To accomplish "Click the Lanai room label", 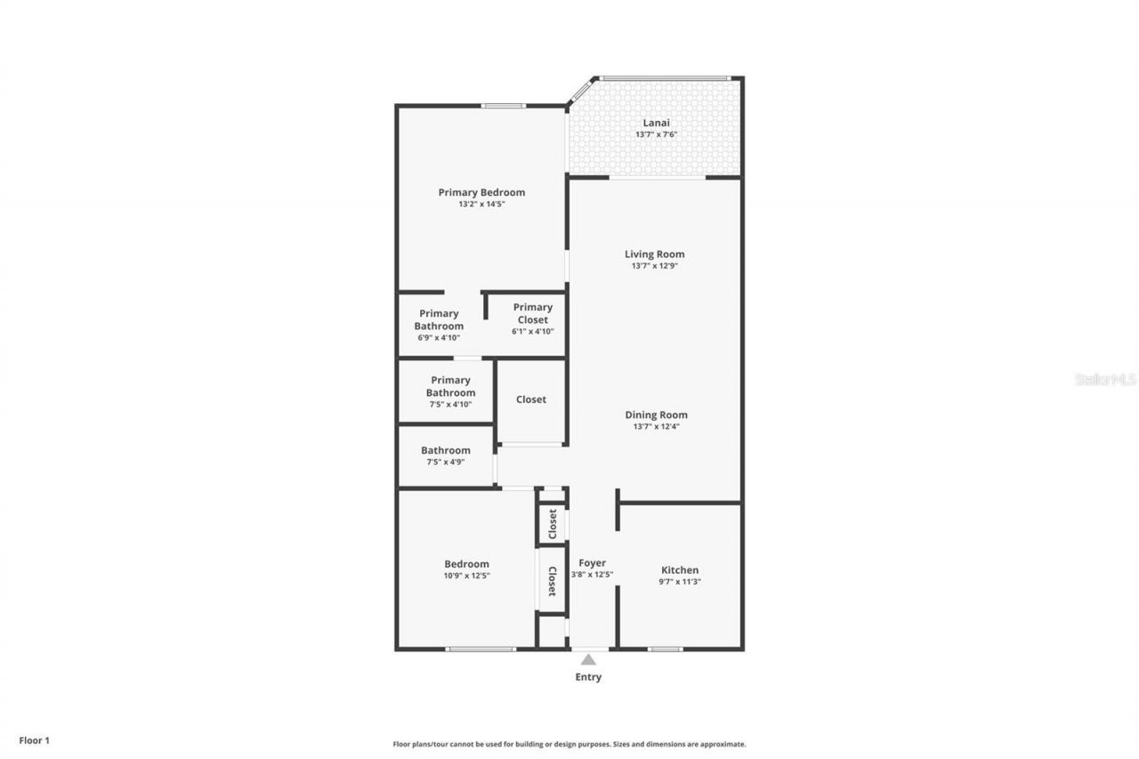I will point(656,123).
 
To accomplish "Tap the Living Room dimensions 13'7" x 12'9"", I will point(655,266).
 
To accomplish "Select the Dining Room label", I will point(656,415).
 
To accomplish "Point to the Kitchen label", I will point(680,570).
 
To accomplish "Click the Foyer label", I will point(592,563).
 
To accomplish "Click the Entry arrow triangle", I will point(588,659).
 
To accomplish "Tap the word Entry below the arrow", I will point(588,677).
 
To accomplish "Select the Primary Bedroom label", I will point(481,192).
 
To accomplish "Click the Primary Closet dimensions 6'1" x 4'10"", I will point(532,332).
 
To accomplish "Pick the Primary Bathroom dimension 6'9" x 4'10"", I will point(439,338).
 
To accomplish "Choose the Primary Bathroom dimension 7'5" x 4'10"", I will point(450,405).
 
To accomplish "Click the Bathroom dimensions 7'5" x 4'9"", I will point(446,462).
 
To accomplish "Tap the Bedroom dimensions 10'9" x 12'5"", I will point(467,576).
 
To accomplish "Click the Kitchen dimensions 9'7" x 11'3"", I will point(680,582).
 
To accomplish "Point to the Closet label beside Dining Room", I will point(531,400).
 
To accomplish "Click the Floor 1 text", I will point(35,740).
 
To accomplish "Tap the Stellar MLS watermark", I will point(1105,379).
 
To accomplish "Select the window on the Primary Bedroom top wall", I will point(504,106).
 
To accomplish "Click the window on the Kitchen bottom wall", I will point(665,649).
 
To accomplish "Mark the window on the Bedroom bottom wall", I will point(481,649).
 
